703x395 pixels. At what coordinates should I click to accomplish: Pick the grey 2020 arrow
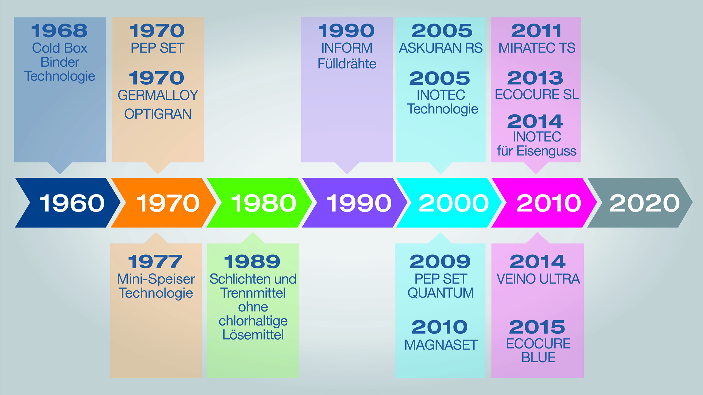640,203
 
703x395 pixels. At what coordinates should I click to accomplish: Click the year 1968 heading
60,31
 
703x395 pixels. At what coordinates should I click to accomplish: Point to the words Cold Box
60,48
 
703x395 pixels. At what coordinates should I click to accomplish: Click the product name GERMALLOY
158,95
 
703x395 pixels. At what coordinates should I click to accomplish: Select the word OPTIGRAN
158,114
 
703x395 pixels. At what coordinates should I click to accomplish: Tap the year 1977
155,262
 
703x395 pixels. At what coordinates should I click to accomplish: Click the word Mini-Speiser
156,279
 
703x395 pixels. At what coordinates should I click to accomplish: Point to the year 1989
252,262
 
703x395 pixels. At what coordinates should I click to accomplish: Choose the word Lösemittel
253,335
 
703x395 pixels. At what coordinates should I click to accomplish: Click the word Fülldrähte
347,64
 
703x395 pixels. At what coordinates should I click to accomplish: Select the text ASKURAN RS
441,48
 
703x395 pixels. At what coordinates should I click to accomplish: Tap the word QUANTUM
441,293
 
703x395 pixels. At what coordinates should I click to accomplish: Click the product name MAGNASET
441,345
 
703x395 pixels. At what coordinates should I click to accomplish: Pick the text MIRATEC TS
537,48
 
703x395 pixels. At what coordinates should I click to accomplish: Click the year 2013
535,78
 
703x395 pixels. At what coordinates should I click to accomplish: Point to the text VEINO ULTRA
538,279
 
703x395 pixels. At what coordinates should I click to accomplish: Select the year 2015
537,327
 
